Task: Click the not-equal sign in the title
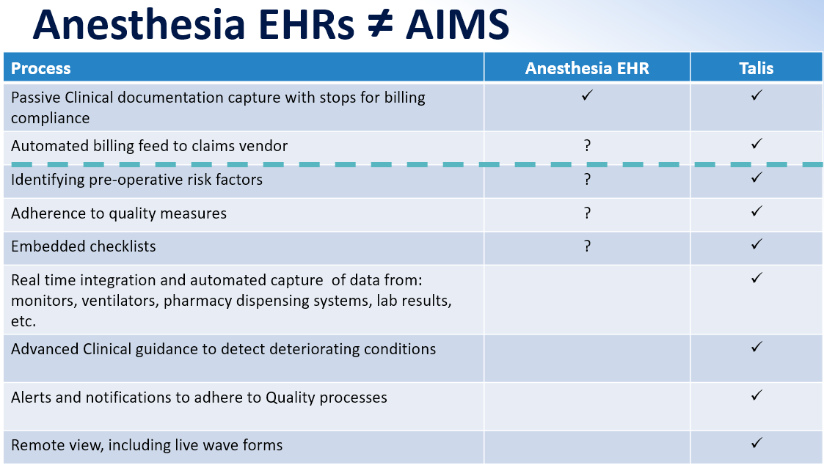tap(380, 23)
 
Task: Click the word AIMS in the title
tap(457, 24)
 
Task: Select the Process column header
tap(40, 68)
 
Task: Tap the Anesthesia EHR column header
tap(587, 68)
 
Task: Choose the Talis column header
tap(756, 68)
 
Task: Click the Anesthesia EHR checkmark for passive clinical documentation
tap(587, 95)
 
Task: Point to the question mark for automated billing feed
tap(588, 145)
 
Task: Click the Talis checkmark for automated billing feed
tap(756, 144)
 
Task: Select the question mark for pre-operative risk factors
tap(588, 179)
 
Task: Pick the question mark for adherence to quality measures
tap(588, 213)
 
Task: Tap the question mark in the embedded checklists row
tap(588, 246)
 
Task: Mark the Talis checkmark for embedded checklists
tap(756, 244)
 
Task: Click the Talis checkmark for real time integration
tap(756, 278)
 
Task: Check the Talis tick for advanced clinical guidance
tap(756, 347)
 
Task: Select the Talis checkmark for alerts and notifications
tap(756, 395)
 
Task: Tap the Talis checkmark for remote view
tap(756, 443)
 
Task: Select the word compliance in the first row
tap(51, 119)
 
